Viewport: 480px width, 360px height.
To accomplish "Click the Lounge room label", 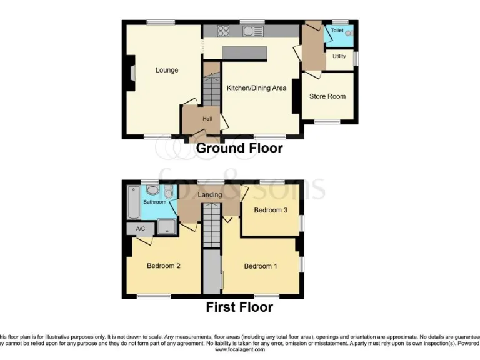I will pyautogui.click(x=167, y=70).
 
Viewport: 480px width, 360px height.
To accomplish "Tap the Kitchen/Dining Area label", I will pyautogui.click(x=256, y=88).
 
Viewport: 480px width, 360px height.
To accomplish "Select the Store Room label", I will pyautogui.click(x=327, y=96).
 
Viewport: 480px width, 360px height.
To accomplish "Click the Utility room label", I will pyautogui.click(x=339, y=56).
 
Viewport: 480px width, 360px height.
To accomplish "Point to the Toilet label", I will pyautogui.click(x=337, y=30).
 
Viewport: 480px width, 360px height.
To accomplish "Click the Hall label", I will pyautogui.click(x=207, y=119).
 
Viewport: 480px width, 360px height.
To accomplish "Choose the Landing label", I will pyautogui.click(x=210, y=195).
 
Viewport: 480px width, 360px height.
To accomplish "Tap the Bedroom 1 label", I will pyautogui.click(x=261, y=266).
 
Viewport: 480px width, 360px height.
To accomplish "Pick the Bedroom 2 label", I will pyautogui.click(x=164, y=266).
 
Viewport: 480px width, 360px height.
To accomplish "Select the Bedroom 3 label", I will pyautogui.click(x=271, y=211).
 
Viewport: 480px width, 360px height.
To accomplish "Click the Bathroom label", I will pyautogui.click(x=155, y=202).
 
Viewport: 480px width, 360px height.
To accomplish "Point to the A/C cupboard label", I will pyautogui.click(x=141, y=229).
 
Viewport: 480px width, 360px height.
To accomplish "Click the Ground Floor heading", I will pyautogui.click(x=239, y=149).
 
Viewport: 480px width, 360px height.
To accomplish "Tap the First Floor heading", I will pyautogui.click(x=239, y=307).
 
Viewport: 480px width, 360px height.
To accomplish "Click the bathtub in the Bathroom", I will pyautogui.click(x=134, y=202).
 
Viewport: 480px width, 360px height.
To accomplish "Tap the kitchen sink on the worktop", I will pyautogui.click(x=253, y=31).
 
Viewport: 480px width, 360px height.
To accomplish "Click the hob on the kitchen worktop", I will pyautogui.click(x=224, y=30).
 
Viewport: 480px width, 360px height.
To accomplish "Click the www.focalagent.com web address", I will pyautogui.click(x=240, y=350).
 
